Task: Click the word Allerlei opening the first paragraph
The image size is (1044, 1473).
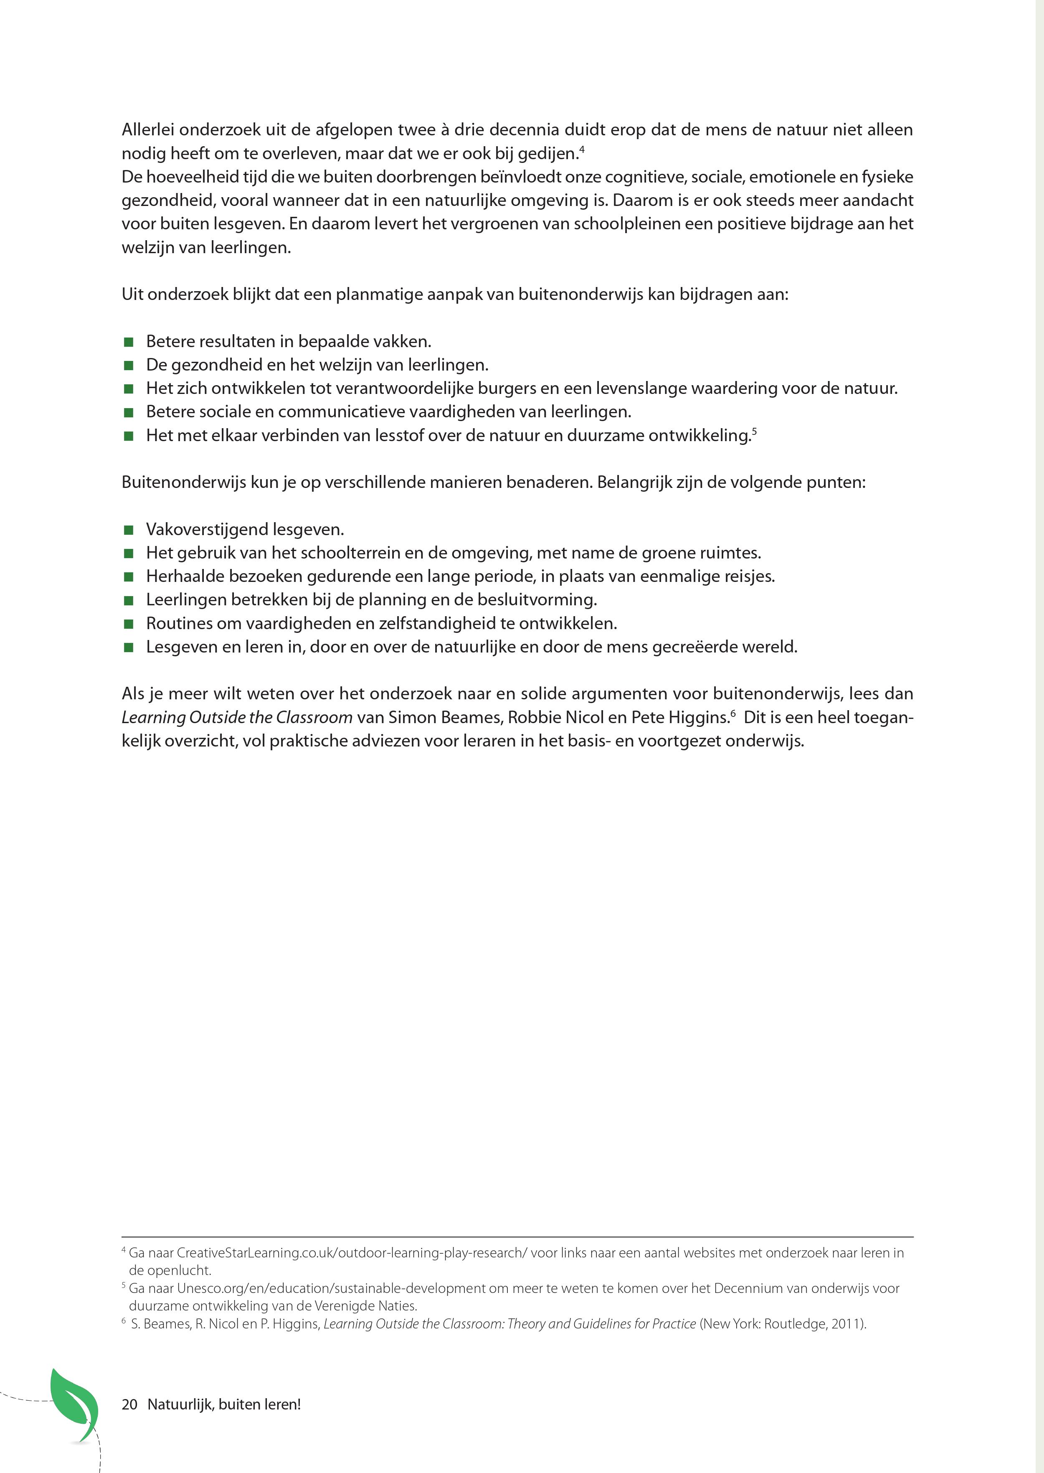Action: (148, 130)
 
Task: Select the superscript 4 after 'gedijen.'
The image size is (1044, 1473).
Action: (581, 149)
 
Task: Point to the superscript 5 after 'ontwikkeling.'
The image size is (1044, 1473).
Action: (754, 432)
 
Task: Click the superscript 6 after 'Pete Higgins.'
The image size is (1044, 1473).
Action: (733, 713)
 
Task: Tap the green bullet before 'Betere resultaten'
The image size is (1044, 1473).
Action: (129, 341)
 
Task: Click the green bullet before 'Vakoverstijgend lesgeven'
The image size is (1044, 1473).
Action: (129, 530)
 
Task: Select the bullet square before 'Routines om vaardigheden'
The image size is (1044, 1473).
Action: (129, 624)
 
